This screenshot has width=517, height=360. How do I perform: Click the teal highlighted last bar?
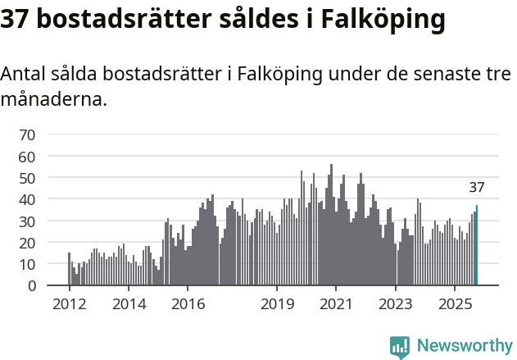[x=477, y=246]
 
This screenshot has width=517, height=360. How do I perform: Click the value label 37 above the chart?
[x=477, y=187]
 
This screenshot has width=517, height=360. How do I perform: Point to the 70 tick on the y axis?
[x=27, y=134]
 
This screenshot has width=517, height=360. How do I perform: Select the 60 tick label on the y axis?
[x=27, y=156]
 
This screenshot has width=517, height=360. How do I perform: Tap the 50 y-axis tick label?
[x=27, y=178]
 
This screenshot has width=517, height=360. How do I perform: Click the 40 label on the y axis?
[x=27, y=199]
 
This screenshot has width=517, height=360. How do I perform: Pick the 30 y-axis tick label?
[x=27, y=221]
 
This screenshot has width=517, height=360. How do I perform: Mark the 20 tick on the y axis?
[x=27, y=243]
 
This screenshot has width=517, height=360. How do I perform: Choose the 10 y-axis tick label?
[x=27, y=264]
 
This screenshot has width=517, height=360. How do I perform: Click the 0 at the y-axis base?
[x=31, y=286]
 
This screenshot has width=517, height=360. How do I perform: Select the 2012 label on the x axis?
[x=69, y=304]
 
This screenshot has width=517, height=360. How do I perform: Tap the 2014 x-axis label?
[x=128, y=304]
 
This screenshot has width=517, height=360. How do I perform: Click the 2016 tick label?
[x=188, y=304]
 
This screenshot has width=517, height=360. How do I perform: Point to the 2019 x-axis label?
[x=277, y=304]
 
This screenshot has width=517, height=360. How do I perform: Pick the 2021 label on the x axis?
[x=336, y=304]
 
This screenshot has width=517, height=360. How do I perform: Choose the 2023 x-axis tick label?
[x=396, y=304]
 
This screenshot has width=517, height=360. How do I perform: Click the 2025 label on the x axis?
[x=455, y=304]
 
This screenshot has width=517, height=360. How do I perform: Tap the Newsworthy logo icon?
[x=400, y=347]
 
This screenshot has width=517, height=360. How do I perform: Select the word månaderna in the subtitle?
[x=53, y=100]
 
